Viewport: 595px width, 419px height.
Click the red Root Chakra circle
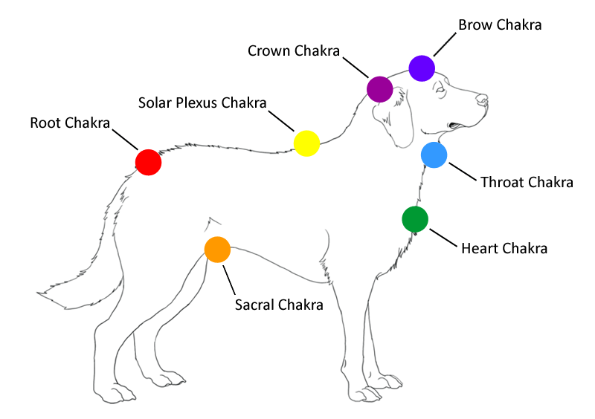click(148, 161)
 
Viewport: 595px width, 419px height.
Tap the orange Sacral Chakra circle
click(217, 250)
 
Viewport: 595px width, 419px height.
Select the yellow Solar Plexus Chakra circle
click(306, 143)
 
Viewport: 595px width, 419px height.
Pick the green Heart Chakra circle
click(415, 219)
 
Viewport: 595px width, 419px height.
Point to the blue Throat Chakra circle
click(434, 155)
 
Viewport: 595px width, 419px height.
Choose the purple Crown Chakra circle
click(379, 89)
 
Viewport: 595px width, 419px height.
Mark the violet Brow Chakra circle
click(421, 68)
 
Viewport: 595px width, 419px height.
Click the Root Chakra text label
click(70, 123)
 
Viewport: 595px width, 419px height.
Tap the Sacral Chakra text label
click(279, 305)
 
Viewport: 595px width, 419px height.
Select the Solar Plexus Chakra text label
click(202, 102)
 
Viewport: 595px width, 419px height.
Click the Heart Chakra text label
click(504, 248)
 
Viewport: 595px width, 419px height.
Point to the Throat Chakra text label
click(527, 182)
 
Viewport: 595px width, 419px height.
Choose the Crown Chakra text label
click(293, 51)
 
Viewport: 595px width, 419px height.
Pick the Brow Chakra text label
click(500, 25)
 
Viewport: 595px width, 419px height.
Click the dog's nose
click(483, 98)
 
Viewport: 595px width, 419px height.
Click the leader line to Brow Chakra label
click(445, 45)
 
